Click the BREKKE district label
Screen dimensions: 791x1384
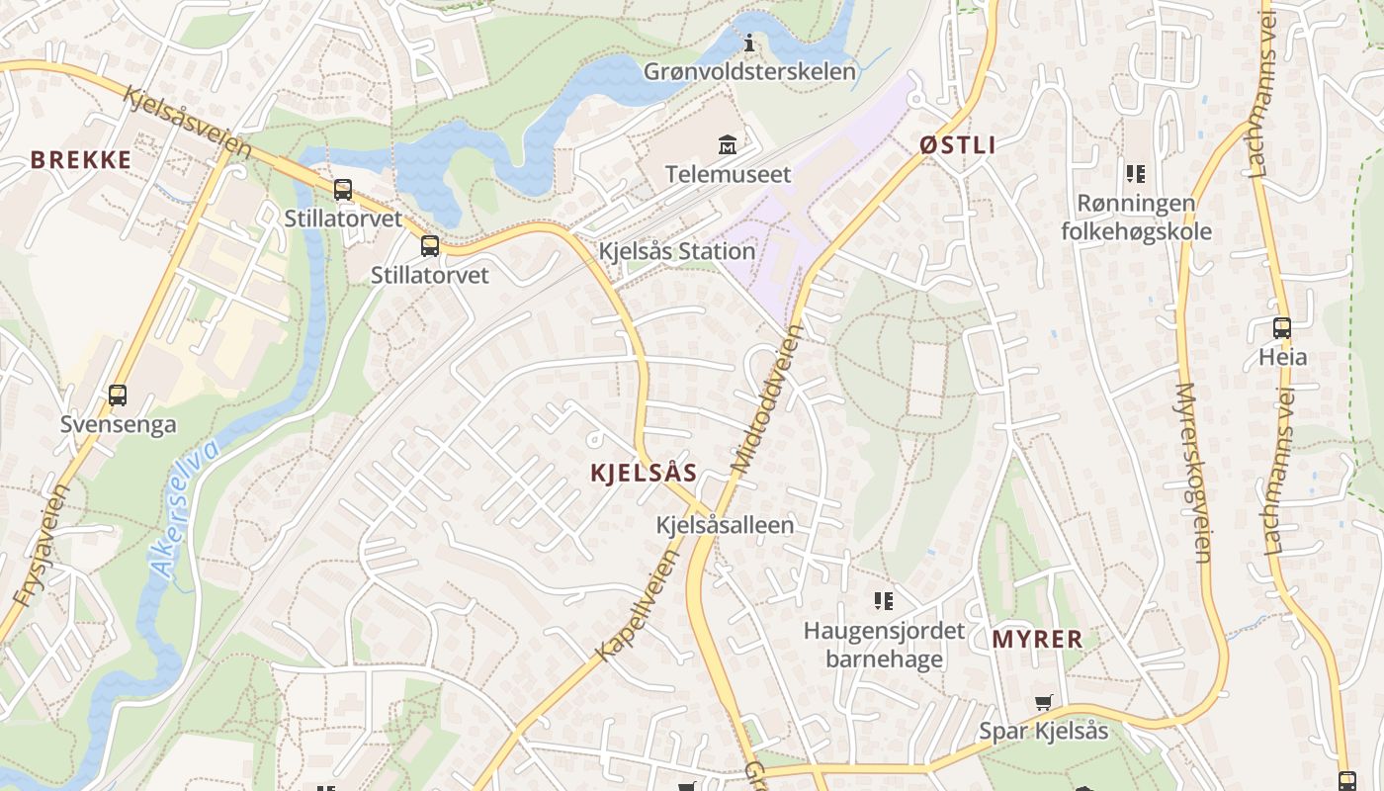pyautogui.click(x=80, y=160)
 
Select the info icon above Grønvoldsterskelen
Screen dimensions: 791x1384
pyautogui.click(x=749, y=44)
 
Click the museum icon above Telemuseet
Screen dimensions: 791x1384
pyautogui.click(x=728, y=145)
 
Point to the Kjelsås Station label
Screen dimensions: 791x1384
pyautogui.click(x=677, y=251)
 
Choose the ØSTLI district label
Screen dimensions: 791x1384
pyautogui.click(x=957, y=145)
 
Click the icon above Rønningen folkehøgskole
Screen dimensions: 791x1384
pyautogui.click(x=1135, y=174)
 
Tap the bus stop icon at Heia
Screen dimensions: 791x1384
pyautogui.click(x=1282, y=328)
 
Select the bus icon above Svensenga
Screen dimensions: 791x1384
pyautogui.click(x=118, y=395)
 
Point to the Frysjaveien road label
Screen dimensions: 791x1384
pyautogui.click(x=43, y=544)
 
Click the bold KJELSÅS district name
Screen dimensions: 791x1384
pyautogui.click(x=644, y=473)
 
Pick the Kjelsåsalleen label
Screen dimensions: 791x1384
pyautogui.click(x=725, y=525)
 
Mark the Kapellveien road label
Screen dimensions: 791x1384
pyautogui.click(x=639, y=604)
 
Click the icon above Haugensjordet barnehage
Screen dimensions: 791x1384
pyautogui.click(x=883, y=600)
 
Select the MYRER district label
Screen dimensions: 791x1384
pyautogui.click(x=1037, y=640)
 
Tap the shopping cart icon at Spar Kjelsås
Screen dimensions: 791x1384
pyautogui.click(x=1043, y=703)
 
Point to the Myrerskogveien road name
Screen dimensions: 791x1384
pyautogui.click(x=1194, y=473)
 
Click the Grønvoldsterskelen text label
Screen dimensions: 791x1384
pyautogui.click(x=749, y=72)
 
